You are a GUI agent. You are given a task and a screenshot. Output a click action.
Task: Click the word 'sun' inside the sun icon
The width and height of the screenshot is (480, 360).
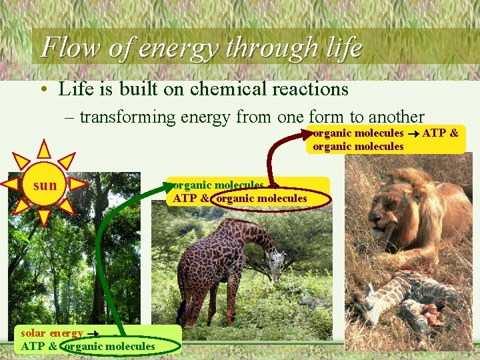pos(45,185)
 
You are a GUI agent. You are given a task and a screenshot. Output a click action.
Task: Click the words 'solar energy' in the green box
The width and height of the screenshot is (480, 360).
pos(53,333)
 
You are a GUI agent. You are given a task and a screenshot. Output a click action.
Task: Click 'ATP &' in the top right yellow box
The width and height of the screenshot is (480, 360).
pos(440,133)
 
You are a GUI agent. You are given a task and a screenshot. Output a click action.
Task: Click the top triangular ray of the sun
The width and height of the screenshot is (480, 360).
pos(44,149)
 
